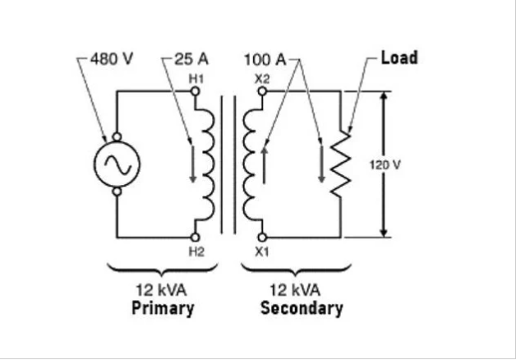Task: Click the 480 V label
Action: [111, 60]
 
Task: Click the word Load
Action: [399, 58]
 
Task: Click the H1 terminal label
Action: [196, 78]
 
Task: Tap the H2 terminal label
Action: [196, 252]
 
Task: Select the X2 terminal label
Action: [262, 78]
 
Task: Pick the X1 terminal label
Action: [262, 252]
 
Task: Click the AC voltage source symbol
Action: [117, 164]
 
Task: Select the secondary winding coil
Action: [251, 164]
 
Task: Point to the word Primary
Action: [163, 309]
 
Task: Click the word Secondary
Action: [302, 309]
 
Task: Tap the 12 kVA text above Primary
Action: [163, 291]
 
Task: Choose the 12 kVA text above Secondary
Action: [301, 291]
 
